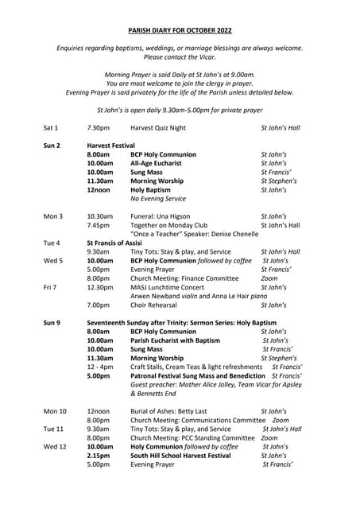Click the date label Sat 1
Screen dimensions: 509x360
pos(52,127)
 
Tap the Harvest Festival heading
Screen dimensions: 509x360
pos(111,146)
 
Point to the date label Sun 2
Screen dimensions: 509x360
pos(52,146)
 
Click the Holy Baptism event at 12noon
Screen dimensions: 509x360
pos(150,190)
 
